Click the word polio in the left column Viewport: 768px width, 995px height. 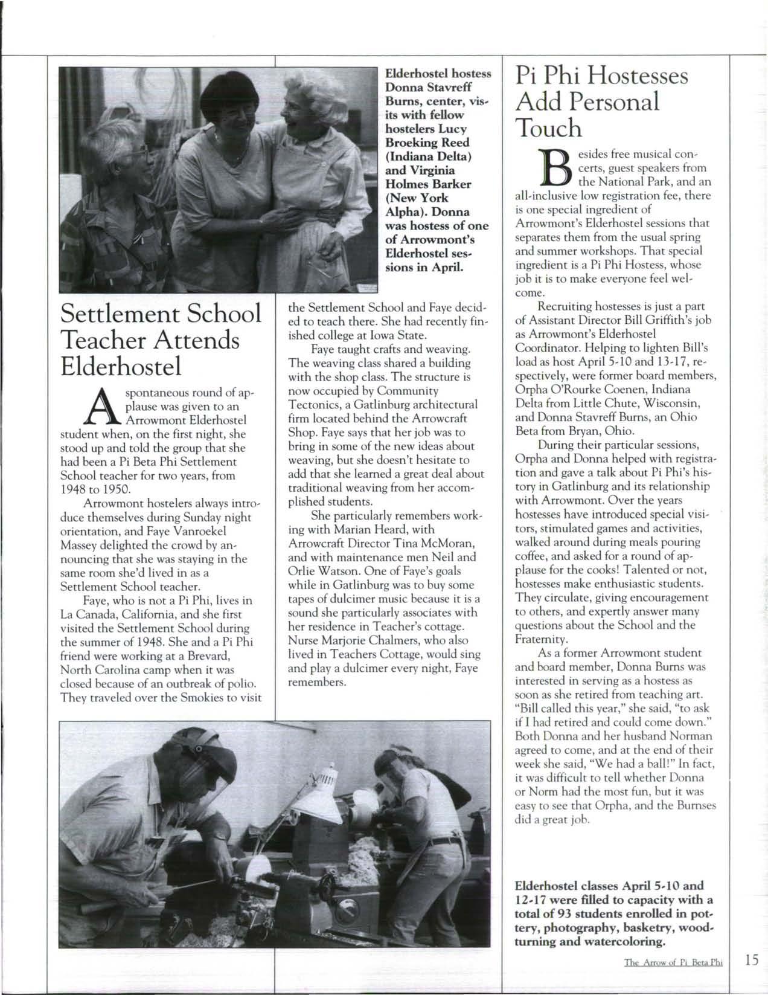pos(240,684)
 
